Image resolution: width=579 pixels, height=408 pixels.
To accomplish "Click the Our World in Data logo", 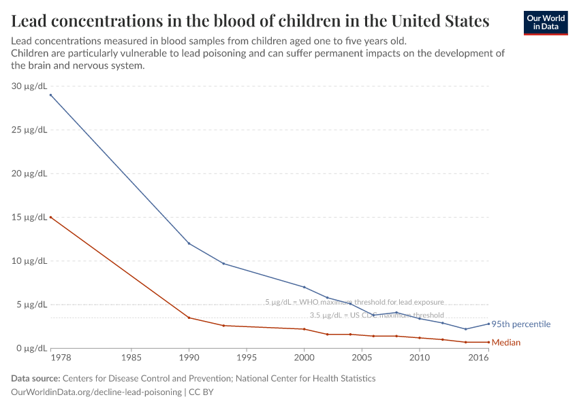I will (545, 22).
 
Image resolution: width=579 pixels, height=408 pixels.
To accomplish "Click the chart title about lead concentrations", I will (250, 21).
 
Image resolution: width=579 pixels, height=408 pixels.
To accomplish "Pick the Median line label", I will (506, 343).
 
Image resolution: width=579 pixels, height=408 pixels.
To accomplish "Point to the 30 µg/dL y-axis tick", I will (29, 86).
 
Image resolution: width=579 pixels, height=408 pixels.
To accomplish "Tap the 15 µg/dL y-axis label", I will (29, 218).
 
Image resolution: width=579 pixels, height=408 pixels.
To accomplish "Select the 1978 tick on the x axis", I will (50, 357).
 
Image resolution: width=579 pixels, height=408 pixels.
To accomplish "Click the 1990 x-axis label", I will (189, 357).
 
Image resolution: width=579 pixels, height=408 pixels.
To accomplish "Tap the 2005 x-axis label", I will (362, 357).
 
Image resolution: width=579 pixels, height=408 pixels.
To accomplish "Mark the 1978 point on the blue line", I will (50, 95).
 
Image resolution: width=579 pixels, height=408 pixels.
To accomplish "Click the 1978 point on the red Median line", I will (50, 218).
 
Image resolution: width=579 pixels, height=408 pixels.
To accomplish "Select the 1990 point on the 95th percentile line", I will (189, 243).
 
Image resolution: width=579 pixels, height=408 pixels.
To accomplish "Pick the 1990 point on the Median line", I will (189, 318).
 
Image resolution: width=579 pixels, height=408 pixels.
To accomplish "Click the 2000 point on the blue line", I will (304, 287).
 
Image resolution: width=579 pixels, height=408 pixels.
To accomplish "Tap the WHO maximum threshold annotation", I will (354, 301).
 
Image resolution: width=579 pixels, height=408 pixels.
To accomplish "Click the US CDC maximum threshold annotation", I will (377, 315).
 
